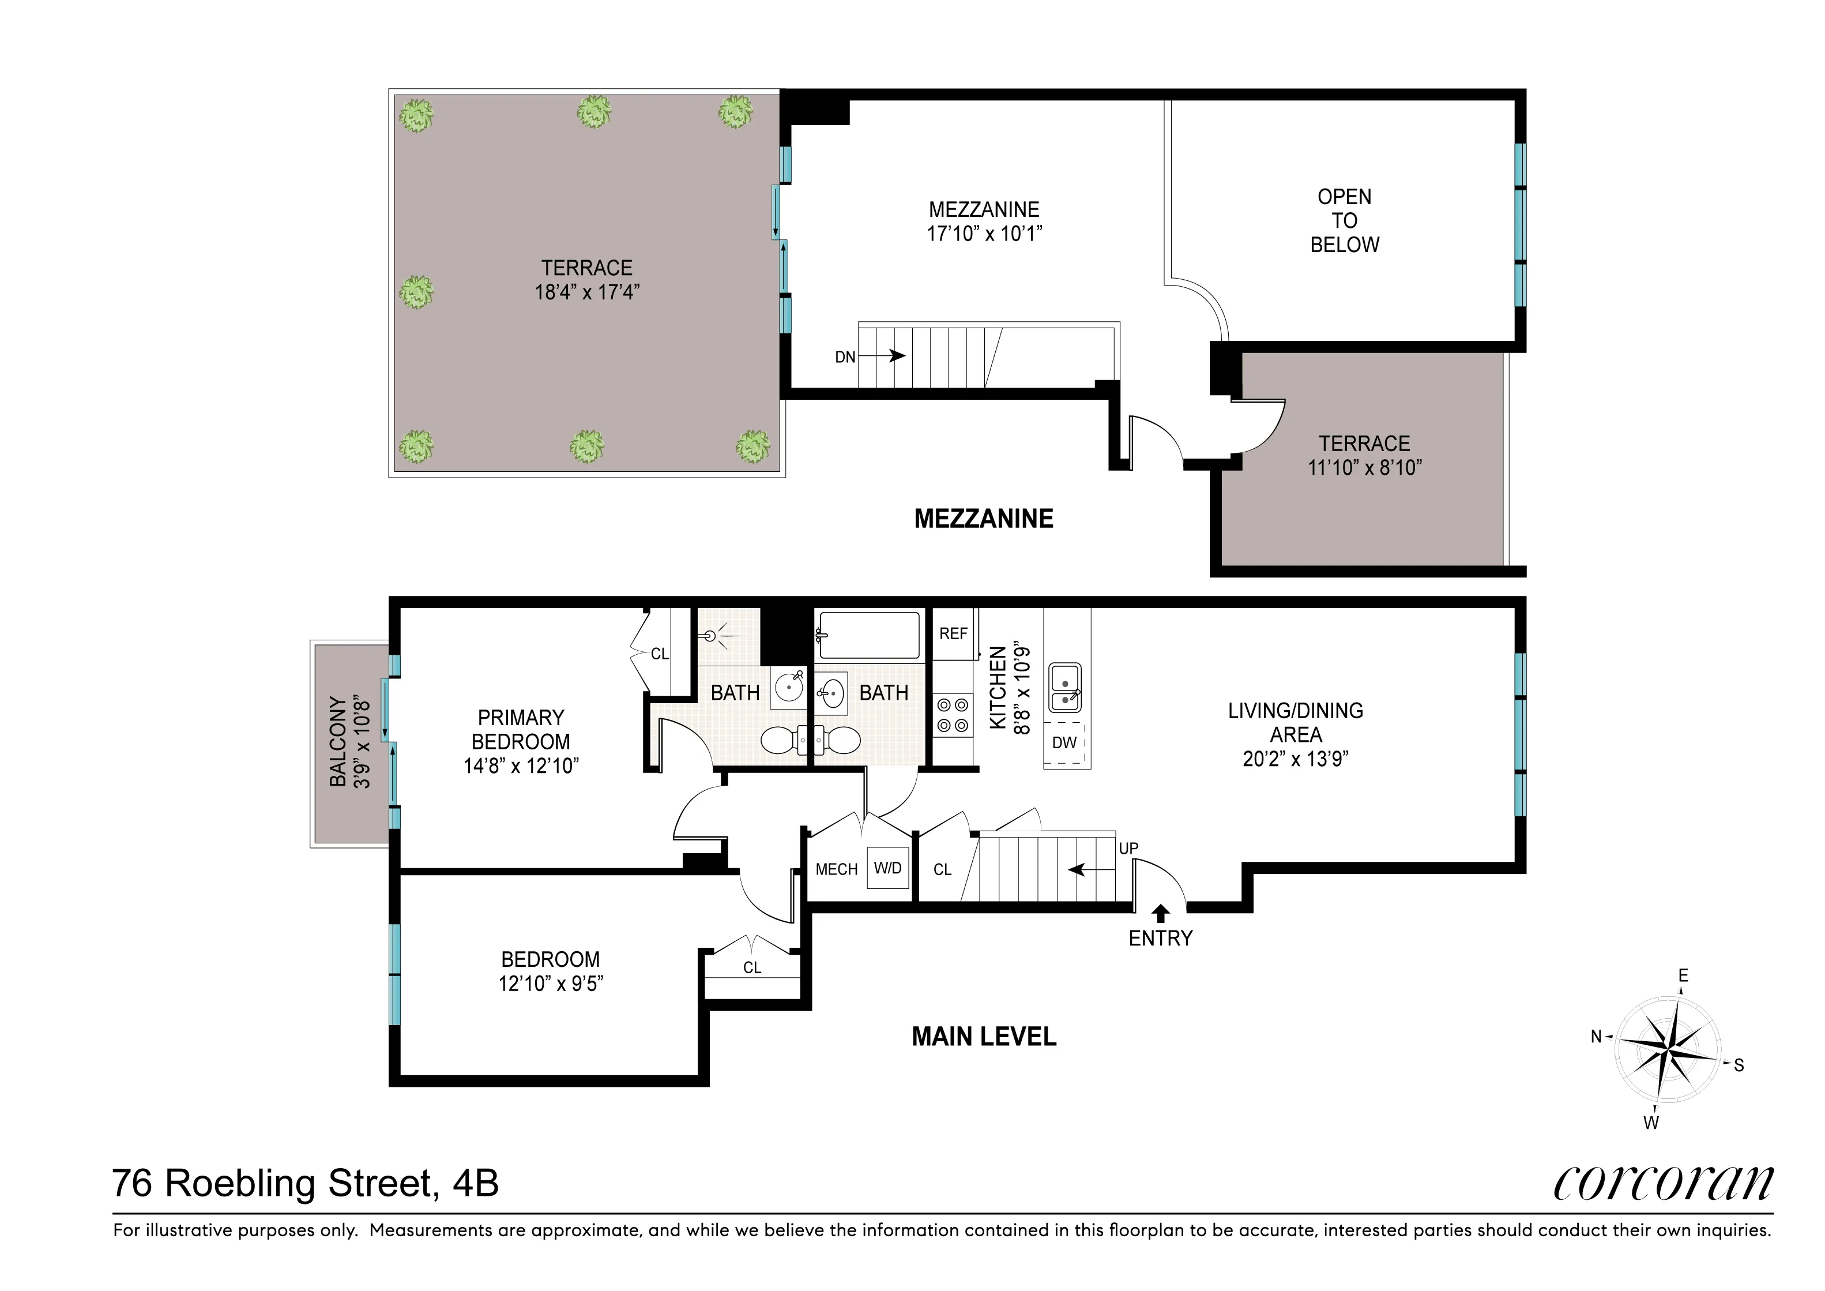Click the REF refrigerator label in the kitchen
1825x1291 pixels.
coord(953,633)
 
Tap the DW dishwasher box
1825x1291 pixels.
coord(1064,742)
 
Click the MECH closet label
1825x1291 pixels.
coord(836,870)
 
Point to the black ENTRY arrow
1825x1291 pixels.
coord(1161,913)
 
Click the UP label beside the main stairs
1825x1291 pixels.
coord(1128,848)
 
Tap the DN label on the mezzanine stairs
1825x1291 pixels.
coord(845,357)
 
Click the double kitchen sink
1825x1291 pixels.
coord(1065,688)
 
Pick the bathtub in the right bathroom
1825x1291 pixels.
coord(869,635)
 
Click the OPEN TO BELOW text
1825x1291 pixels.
coord(1344,220)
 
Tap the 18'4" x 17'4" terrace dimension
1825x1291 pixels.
coord(586,292)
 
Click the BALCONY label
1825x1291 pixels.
coord(338,742)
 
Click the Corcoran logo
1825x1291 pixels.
coord(1663,1184)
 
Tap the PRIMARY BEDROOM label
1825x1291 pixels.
coord(521,729)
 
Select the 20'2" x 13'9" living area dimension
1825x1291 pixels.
coord(1295,759)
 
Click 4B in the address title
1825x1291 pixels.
coord(475,1183)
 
